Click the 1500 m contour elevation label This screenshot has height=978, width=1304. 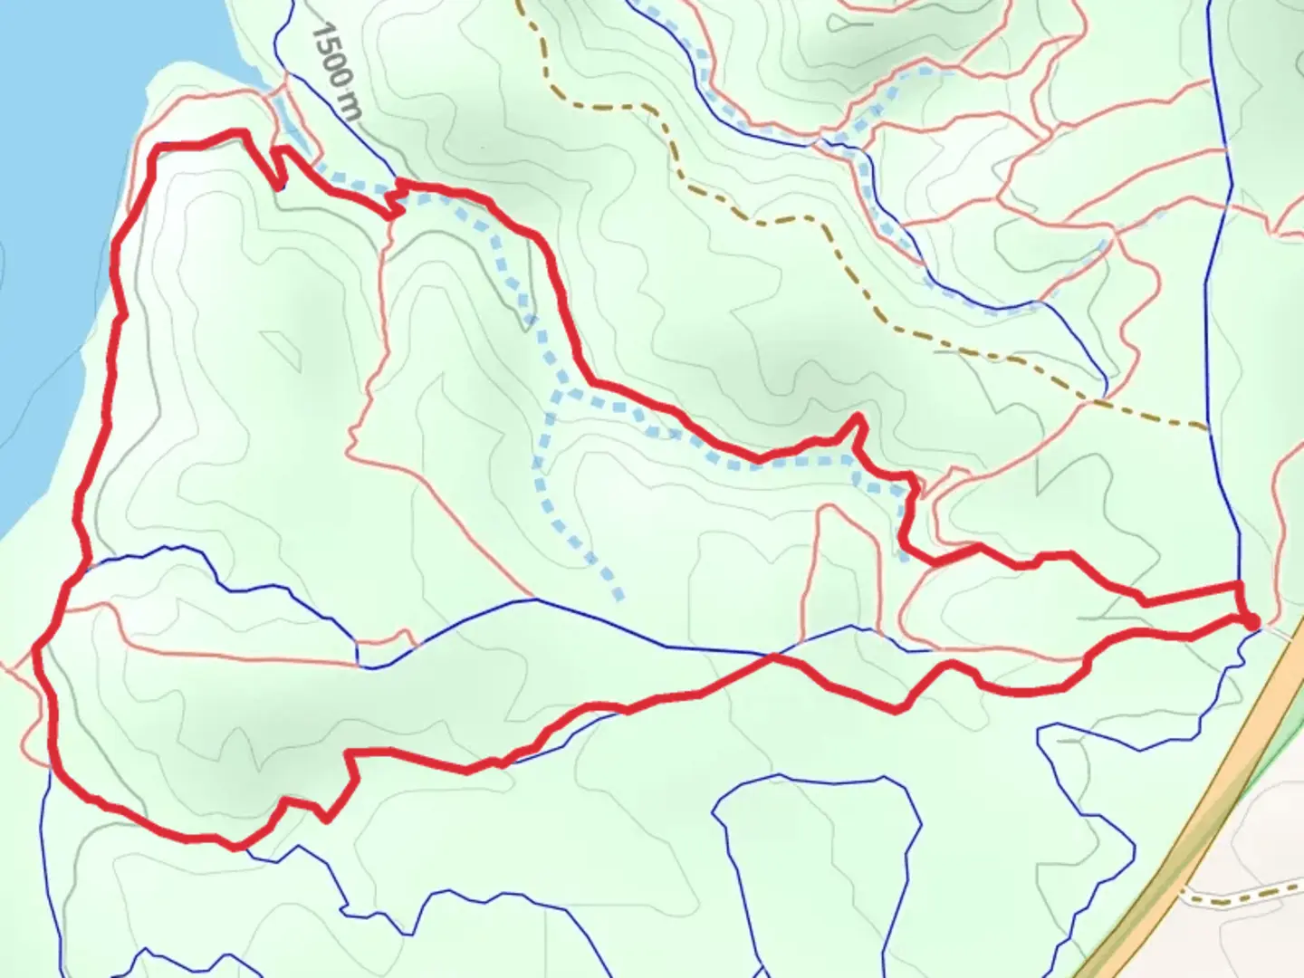[x=336, y=71]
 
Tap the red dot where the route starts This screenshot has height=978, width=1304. [x=1251, y=621]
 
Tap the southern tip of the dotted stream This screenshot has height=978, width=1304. [x=619, y=597]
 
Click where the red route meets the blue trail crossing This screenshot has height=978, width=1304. [x=772, y=657]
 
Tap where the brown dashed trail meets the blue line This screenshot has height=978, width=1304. [x=1210, y=427]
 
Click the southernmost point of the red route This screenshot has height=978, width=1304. [x=235, y=847]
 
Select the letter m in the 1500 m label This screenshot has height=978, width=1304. [x=352, y=110]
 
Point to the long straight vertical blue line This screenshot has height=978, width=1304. [x=1222, y=272]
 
